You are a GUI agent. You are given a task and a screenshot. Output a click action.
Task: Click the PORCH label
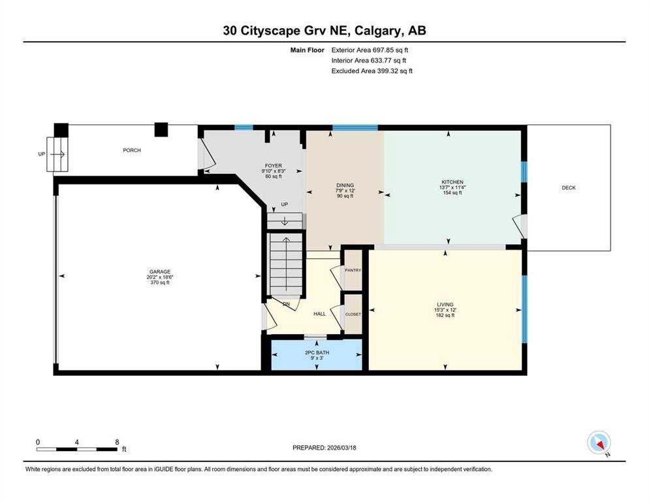[x=132, y=150]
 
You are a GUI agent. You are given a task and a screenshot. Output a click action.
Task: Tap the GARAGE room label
[x=160, y=271]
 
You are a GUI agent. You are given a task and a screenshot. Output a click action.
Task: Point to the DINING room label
[x=345, y=185]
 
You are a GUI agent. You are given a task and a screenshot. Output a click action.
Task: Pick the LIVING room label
[x=445, y=304]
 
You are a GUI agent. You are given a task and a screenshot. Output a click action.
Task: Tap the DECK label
[x=569, y=188]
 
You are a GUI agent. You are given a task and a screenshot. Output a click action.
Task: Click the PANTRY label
[x=353, y=270]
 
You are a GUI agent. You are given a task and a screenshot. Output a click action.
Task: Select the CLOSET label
[x=353, y=314]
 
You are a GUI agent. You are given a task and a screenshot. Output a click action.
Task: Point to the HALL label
[x=319, y=314]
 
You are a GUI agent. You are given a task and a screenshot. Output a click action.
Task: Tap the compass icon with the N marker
[x=598, y=443]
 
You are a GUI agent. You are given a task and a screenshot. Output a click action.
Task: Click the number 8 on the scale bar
[x=116, y=441]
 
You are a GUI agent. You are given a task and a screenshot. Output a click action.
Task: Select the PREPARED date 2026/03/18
[x=324, y=448]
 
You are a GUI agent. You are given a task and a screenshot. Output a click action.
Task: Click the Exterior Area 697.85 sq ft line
[x=370, y=50]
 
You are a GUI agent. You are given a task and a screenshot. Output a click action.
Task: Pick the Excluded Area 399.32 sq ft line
[x=372, y=71]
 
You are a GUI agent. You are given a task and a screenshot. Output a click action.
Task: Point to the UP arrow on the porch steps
[x=56, y=154]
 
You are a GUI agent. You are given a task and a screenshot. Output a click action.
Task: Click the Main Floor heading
[x=306, y=50]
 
